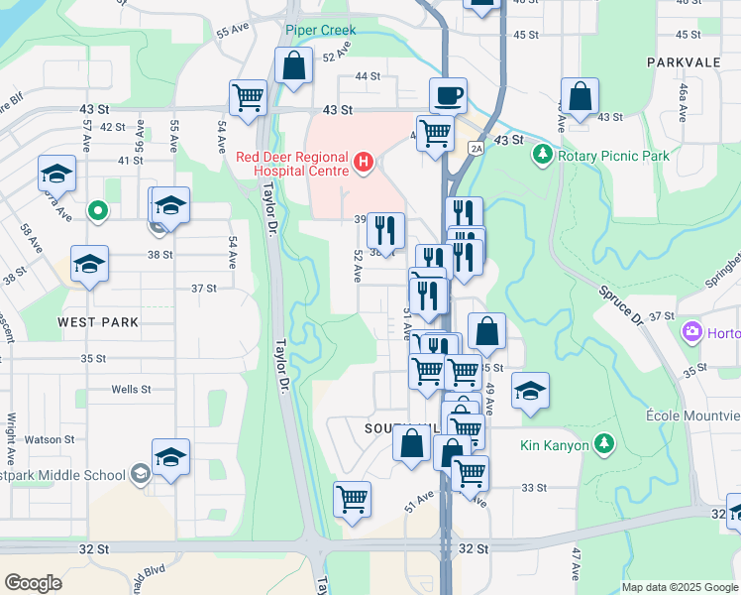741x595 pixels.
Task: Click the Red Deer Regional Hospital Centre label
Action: coord(292,164)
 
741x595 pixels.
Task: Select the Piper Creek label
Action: coord(320,31)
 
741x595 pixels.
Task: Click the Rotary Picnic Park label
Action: coord(613,156)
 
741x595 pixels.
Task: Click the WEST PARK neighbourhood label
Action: coord(98,322)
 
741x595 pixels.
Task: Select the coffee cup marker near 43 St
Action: coord(448,96)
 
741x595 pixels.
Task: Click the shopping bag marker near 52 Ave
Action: coord(294,66)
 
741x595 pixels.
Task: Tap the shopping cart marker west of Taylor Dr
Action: coord(248,98)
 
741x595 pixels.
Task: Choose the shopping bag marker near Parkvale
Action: coord(581,97)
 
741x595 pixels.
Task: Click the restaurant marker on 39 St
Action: coord(385,230)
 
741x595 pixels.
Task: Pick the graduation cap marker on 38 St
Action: coord(89,264)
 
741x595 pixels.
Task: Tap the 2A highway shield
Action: coord(476,148)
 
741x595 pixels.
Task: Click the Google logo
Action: coord(33,583)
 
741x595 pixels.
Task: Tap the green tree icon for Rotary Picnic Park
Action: coord(542,155)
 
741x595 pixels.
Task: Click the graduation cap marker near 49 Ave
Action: coord(531,391)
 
